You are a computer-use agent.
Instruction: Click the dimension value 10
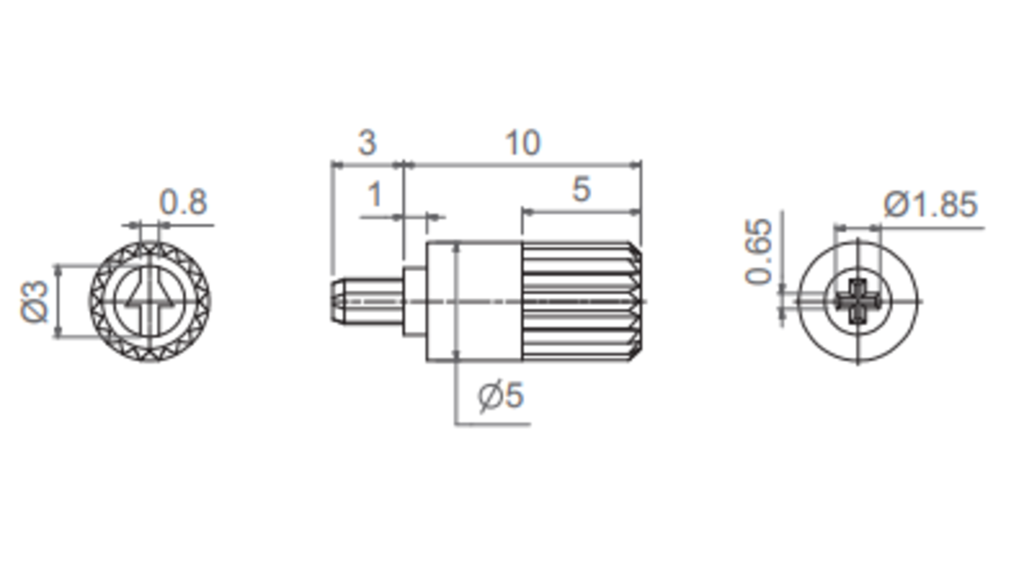point(523,143)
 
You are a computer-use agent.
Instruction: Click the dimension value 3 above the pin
point(367,143)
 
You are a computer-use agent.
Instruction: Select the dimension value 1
point(374,195)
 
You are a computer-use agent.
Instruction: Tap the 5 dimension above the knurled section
point(581,190)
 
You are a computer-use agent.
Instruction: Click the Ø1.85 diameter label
point(930,205)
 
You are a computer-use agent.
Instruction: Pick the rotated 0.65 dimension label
point(759,252)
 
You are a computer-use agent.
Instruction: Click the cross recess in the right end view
point(858,301)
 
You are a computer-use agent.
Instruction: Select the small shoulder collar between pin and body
point(415,301)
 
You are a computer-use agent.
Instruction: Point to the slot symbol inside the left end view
point(150,294)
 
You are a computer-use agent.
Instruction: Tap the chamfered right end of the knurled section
point(636,301)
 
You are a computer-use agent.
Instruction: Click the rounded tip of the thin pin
point(335,301)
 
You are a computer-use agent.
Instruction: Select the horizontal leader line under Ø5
point(493,424)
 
